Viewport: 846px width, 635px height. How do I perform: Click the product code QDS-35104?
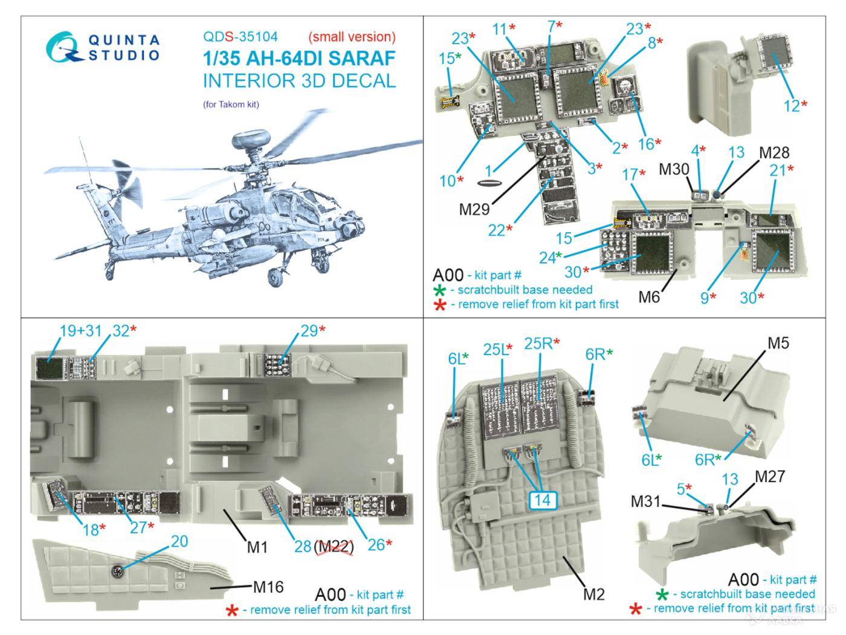tap(241, 37)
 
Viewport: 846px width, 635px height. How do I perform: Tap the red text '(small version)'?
tap(352, 37)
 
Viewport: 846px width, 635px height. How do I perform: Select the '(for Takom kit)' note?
tap(231, 104)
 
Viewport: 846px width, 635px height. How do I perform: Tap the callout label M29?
tap(474, 209)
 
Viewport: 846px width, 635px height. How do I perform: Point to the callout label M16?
tap(268, 586)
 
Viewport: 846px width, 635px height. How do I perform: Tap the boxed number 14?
tap(543, 500)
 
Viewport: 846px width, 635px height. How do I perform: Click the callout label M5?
tap(778, 343)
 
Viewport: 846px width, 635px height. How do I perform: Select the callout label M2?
tap(594, 594)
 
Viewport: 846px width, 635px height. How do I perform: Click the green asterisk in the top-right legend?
tap(440, 290)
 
